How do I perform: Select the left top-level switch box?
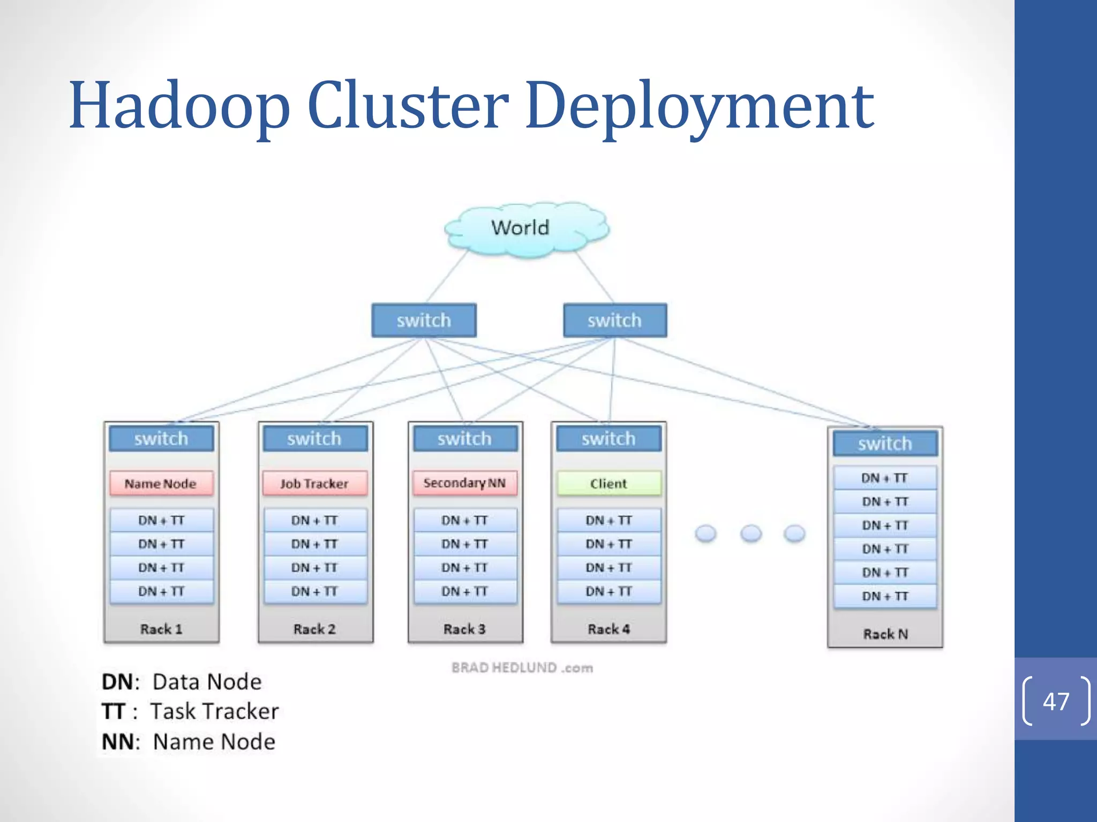click(424, 321)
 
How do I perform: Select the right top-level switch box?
click(615, 321)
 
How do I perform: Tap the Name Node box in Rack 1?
click(161, 484)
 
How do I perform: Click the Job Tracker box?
click(315, 484)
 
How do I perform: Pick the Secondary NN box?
click(464, 483)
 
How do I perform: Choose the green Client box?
click(608, 484)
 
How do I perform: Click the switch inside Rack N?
click(885, 444)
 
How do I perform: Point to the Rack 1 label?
click(161, 629)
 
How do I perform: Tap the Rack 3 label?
click(464, 629)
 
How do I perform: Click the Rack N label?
click(885, 634)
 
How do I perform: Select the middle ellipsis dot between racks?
click(751, 533)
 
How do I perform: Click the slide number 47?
click(1056, 702)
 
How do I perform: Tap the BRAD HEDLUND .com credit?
click(522, 668)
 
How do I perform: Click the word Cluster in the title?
click(408, 105)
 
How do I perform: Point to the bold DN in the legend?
click(117, 682)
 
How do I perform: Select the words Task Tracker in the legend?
click(214, 711)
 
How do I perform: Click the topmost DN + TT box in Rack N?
click(885, 478)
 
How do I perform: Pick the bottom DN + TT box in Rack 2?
click(315, 591)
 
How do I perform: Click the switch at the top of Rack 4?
click(608, 439)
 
